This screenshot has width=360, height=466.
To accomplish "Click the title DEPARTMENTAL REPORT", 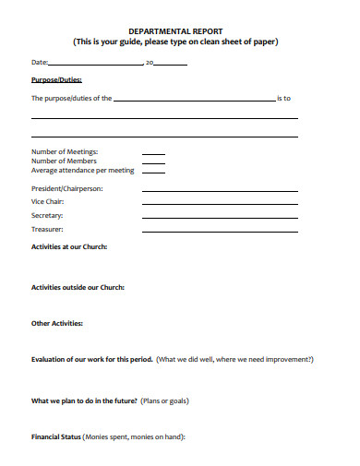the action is (x=175, y=30).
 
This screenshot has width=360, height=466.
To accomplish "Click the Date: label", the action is (x=40, y=63).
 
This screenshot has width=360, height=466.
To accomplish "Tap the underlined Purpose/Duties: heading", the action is (x=56, y=80).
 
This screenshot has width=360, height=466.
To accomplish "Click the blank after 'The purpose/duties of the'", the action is (x=194, y=100).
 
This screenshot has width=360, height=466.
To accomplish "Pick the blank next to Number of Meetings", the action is (x=153, y=153).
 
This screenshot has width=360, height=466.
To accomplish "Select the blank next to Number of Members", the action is (x=153, y=162).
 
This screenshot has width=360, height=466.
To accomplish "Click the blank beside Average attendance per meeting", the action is (x=153, y=172).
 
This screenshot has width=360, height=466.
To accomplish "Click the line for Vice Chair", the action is (x=220, y=204).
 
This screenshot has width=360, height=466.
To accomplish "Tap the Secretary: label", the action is (x=47, y=215).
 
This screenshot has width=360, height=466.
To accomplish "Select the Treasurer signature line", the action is (x=220, y=231).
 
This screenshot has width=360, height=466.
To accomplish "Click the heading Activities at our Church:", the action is (x=69, y=247).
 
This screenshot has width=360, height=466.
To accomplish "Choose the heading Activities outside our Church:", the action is (x=78, y=287).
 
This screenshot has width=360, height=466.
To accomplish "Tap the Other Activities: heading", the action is (x=57, y=323).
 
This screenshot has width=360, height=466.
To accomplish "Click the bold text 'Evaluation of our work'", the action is (x=70, y=359).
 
